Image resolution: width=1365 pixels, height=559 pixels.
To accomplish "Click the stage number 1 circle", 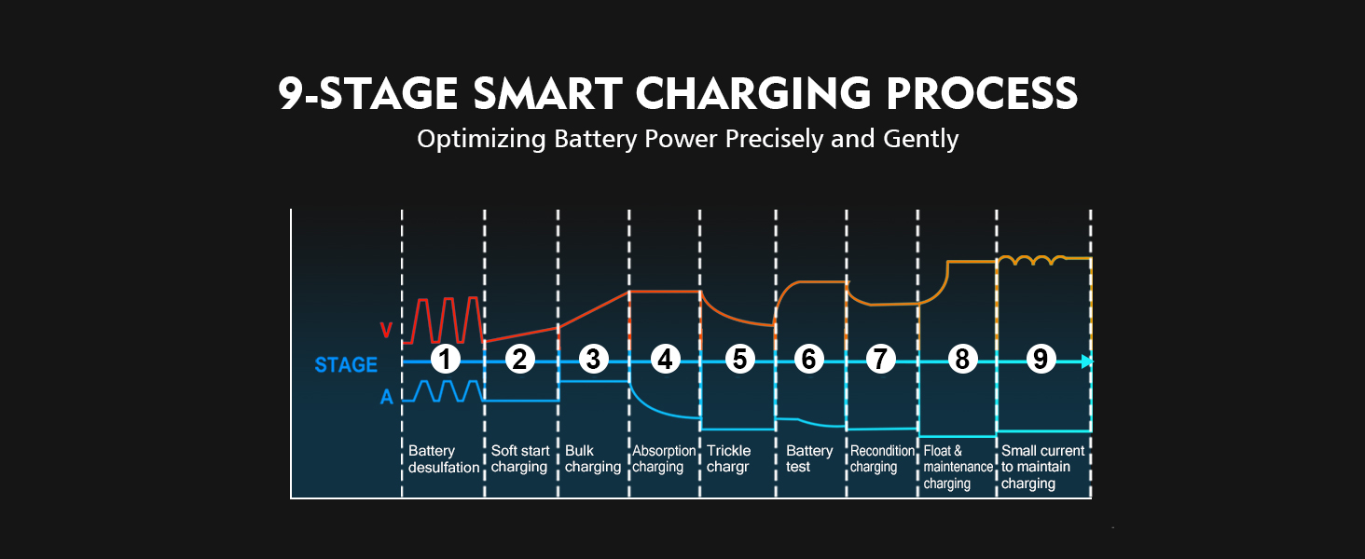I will [x=446, y=360].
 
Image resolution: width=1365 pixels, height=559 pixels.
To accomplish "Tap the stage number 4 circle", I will [x=665, y=360].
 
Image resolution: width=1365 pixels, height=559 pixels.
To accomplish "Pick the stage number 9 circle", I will [x=1040, y=360].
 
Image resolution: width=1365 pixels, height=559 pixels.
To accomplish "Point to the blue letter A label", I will [x=386, y=398].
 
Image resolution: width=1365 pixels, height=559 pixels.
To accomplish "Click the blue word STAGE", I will [x=346, y=364].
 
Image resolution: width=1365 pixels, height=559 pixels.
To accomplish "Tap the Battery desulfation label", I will [x=444, y=459].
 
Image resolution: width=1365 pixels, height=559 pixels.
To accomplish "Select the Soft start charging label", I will [x=520, y=459].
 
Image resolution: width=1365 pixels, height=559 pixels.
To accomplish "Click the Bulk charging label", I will [x=593, y=459].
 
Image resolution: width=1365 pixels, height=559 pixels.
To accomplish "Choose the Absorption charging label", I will [x=664, y=459].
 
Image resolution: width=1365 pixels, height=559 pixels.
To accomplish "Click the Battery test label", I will [x=809, y=459].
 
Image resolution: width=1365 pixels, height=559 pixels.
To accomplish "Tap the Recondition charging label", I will [x=882, y=459].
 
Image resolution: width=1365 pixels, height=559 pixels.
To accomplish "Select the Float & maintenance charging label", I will [x=954, y=468].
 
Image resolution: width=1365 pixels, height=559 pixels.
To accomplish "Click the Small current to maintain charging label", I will [x=1042, y=468].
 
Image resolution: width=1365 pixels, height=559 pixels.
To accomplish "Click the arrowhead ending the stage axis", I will [x=1086, y=361].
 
